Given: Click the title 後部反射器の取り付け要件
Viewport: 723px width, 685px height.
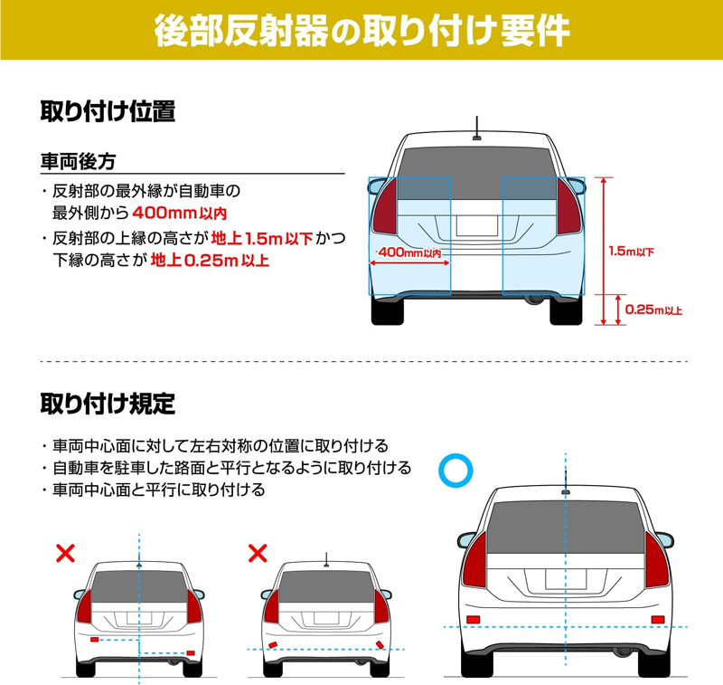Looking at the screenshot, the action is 362,30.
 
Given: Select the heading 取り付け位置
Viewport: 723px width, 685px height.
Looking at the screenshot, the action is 108,111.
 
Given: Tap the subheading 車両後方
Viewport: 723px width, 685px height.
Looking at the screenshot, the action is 78,162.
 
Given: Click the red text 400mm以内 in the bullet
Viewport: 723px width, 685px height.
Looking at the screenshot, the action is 179,213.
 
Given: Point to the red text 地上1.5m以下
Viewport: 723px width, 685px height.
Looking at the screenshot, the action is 262,238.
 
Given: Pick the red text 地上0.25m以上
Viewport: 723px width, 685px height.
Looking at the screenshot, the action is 210,261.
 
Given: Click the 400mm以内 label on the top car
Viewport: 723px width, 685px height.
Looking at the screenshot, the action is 409,252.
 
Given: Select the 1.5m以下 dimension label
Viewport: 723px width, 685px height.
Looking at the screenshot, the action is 631,251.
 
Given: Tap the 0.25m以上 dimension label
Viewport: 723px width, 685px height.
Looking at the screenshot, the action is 653,309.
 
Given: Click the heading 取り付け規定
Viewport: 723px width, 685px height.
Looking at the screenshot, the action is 108,404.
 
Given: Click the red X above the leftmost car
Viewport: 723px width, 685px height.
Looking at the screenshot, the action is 65,553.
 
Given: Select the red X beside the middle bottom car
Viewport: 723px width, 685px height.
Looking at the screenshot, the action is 258,553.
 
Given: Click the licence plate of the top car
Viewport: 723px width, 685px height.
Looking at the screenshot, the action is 477,225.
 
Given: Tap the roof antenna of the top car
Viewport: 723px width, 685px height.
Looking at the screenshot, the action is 477,128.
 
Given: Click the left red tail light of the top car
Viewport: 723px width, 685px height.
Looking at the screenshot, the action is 385,207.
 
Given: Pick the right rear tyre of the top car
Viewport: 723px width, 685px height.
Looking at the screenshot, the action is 567,311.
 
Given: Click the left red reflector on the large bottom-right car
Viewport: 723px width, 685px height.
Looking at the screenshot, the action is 473,620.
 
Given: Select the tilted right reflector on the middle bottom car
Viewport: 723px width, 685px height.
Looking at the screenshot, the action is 380,645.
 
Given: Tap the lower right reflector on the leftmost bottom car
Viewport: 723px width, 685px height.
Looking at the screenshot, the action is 191,653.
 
